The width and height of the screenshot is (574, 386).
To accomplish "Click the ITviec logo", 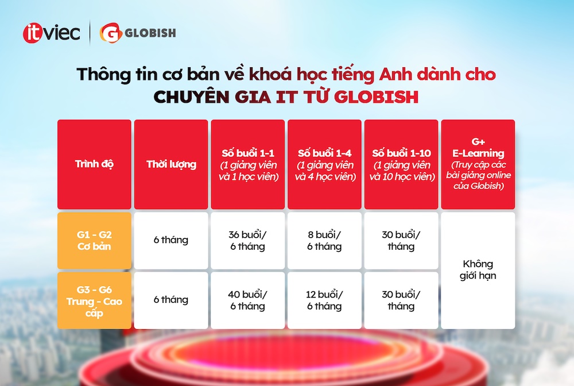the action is pyautogui.click(x=51, y=33).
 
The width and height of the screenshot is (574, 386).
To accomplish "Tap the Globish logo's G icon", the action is pyautogui.click(x=111, y=33).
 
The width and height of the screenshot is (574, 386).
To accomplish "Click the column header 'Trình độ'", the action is pyautogui.click(x=94, y=164).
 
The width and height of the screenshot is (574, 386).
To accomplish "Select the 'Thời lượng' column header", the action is pyautogui.click(x=171, y=164).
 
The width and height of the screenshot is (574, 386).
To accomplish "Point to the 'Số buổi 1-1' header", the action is pyautogui.click(x=248, y=164).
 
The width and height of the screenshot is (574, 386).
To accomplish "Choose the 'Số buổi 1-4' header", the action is pyautogui.click(x=325, y=164).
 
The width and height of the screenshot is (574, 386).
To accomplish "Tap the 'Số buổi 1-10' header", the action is pyautogui.click(x=401, y=164).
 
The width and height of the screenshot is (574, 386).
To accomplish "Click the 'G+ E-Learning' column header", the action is pyautogui.click(x=478, y=164).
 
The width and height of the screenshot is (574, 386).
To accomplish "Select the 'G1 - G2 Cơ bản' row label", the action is pyautogui.click(x=94, y=241).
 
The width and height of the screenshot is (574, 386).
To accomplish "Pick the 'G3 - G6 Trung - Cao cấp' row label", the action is pyautogui.click(x=94, y=300).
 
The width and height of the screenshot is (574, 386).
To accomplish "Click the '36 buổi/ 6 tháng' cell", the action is pyautogui.click(x=248, y=241).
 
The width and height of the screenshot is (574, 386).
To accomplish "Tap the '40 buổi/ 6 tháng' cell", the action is pyautogui.click(x=248, y=300).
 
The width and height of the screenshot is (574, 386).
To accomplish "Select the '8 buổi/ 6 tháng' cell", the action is pyautogui.click(x=325, y=241).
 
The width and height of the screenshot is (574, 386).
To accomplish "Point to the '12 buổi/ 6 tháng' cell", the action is pyautogui.click(x=325, y=300).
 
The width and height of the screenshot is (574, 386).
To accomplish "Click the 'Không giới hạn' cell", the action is pyautogui.click(x=478, y=271).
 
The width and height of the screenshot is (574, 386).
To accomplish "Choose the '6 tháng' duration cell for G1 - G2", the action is pyautogui.click(x=171, y=241).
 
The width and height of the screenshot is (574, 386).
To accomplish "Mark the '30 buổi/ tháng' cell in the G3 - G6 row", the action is pyautogui.click(x=401, y=300).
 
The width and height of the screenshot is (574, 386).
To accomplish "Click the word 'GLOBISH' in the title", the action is pyautogui.click(x=376, y=97).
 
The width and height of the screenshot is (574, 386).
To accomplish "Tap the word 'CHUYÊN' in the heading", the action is pyautogui.click(x=192, y=96).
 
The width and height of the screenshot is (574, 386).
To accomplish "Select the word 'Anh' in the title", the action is pyautogui.click(x=395, y=74).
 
